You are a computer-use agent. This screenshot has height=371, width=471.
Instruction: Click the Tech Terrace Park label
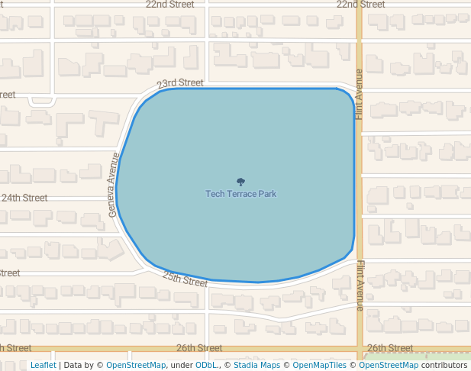[x=240, y=194]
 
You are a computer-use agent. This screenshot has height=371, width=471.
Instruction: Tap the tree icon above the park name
[x=240, y=182]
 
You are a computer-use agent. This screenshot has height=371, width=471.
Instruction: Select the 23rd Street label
[x=180, y=83]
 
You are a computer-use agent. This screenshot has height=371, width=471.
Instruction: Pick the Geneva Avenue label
[x=115, y=185]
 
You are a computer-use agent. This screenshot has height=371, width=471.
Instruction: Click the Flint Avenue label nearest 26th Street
[x=360, y=286]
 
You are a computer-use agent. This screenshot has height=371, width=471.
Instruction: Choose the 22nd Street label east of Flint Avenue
[x=360, y=5]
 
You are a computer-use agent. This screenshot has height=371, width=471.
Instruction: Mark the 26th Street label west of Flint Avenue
[x=199, y=348]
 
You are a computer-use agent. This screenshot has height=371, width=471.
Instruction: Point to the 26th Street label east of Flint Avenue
[x=390, y=348]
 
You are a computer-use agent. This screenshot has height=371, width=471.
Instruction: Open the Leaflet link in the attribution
[x=44, y=366]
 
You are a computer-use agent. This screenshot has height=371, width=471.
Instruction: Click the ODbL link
[x=206, y=366]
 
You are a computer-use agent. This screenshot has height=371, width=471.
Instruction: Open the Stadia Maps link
[x=256, y=366]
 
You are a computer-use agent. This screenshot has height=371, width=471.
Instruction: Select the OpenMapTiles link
[x=321, y=366]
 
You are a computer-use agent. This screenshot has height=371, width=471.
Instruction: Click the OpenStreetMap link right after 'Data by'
[x=136, y=366]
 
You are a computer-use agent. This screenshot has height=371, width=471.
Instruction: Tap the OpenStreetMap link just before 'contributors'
[x=389, y=366]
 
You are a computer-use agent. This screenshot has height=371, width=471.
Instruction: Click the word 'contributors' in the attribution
[x=444, y=366]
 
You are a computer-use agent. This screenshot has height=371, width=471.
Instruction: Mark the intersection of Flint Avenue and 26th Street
[x=359, y=348]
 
